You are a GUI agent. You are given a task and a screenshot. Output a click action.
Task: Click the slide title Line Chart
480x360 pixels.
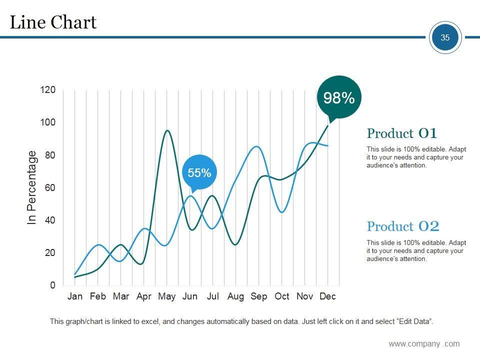[53, 22]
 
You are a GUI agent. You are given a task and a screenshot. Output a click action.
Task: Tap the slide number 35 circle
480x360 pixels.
[445, 37]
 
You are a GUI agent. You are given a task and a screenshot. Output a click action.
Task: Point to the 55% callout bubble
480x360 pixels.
[199, 173]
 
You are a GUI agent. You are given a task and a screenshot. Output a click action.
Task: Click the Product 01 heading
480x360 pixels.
[402, 133]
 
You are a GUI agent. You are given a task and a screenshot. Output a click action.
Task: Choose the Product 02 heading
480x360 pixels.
[403, 226]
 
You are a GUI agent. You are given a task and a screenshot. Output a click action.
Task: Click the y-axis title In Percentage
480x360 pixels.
[32, 187]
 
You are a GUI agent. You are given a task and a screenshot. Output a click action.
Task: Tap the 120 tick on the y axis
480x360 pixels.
[48, 90]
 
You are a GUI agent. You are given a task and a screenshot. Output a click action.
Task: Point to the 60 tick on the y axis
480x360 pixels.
[50, 187]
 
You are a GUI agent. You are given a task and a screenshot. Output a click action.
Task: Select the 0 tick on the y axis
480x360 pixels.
[52, 285]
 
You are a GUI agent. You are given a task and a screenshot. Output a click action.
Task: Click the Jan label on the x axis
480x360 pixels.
[75, 296]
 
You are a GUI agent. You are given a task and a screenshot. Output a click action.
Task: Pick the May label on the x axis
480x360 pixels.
[167, 296]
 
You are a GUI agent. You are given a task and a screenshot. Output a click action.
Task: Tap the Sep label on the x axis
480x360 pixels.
[259, 296]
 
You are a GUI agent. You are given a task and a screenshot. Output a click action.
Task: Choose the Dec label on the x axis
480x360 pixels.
[327, 296]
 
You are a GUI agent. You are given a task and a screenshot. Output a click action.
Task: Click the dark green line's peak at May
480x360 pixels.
[167, 130]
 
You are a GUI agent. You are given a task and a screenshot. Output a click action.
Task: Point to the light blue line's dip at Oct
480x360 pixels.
[282, 212]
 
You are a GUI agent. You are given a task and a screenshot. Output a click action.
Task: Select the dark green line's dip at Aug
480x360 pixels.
[235, 244]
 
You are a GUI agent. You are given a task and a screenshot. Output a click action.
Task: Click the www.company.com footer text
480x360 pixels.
[424, 343]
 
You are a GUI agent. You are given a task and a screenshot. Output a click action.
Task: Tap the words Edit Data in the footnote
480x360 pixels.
[413, 321]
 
